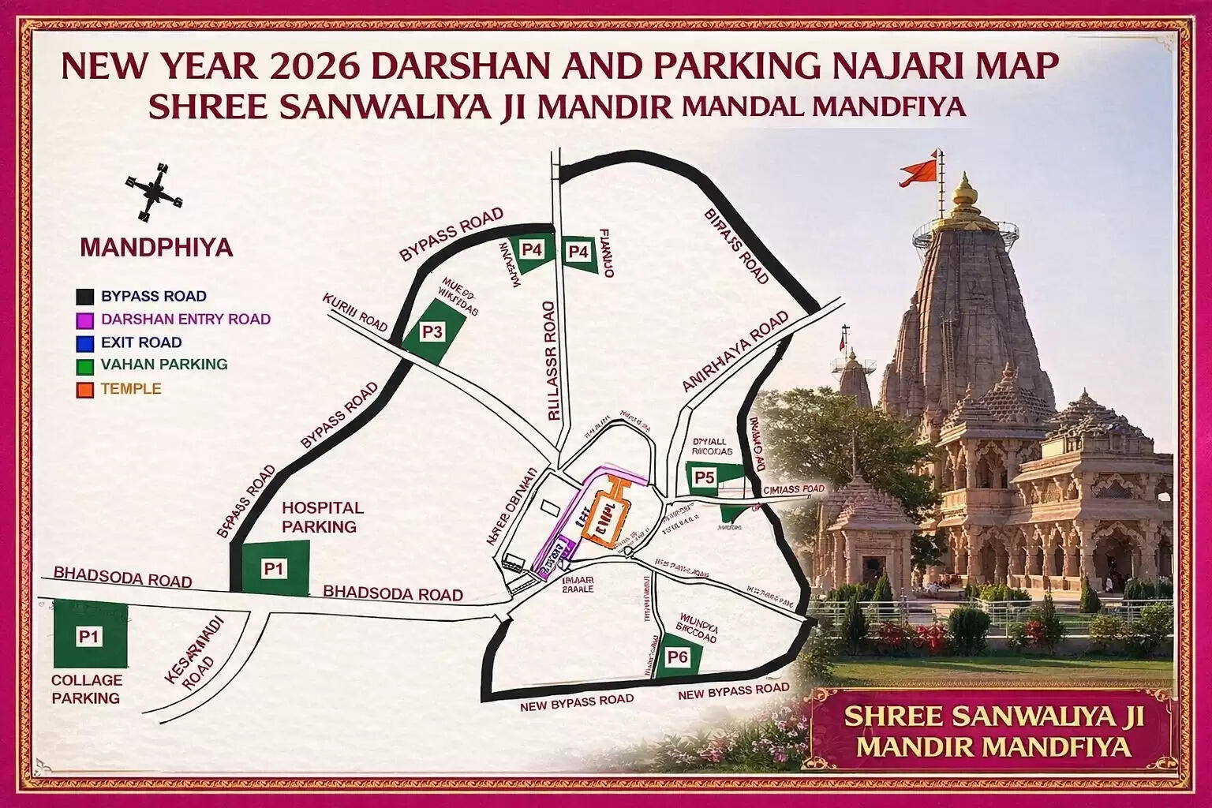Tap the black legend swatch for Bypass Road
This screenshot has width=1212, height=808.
tap(85, 297)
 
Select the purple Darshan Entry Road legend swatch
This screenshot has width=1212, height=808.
tap(85, 320)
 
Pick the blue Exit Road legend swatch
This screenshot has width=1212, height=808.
tap(85, 343)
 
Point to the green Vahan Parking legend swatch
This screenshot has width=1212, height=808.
tap(85, 366)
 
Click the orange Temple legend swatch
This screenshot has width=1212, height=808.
tap(85, 390)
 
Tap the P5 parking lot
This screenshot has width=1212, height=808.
tap(705, 477)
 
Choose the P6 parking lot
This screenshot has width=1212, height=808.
tap(677, 656)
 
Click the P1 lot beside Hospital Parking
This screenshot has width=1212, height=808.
tap(274, 568)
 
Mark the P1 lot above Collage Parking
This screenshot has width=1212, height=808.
tap(89, 636)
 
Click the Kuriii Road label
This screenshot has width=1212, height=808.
tap(355, 312)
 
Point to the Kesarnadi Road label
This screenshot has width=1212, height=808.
tap(192, 655)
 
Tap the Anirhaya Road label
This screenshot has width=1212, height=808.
tap(735, 351)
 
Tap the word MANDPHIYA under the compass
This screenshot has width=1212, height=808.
tap(156, 248)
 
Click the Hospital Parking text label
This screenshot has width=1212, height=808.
tap(322, 517)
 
